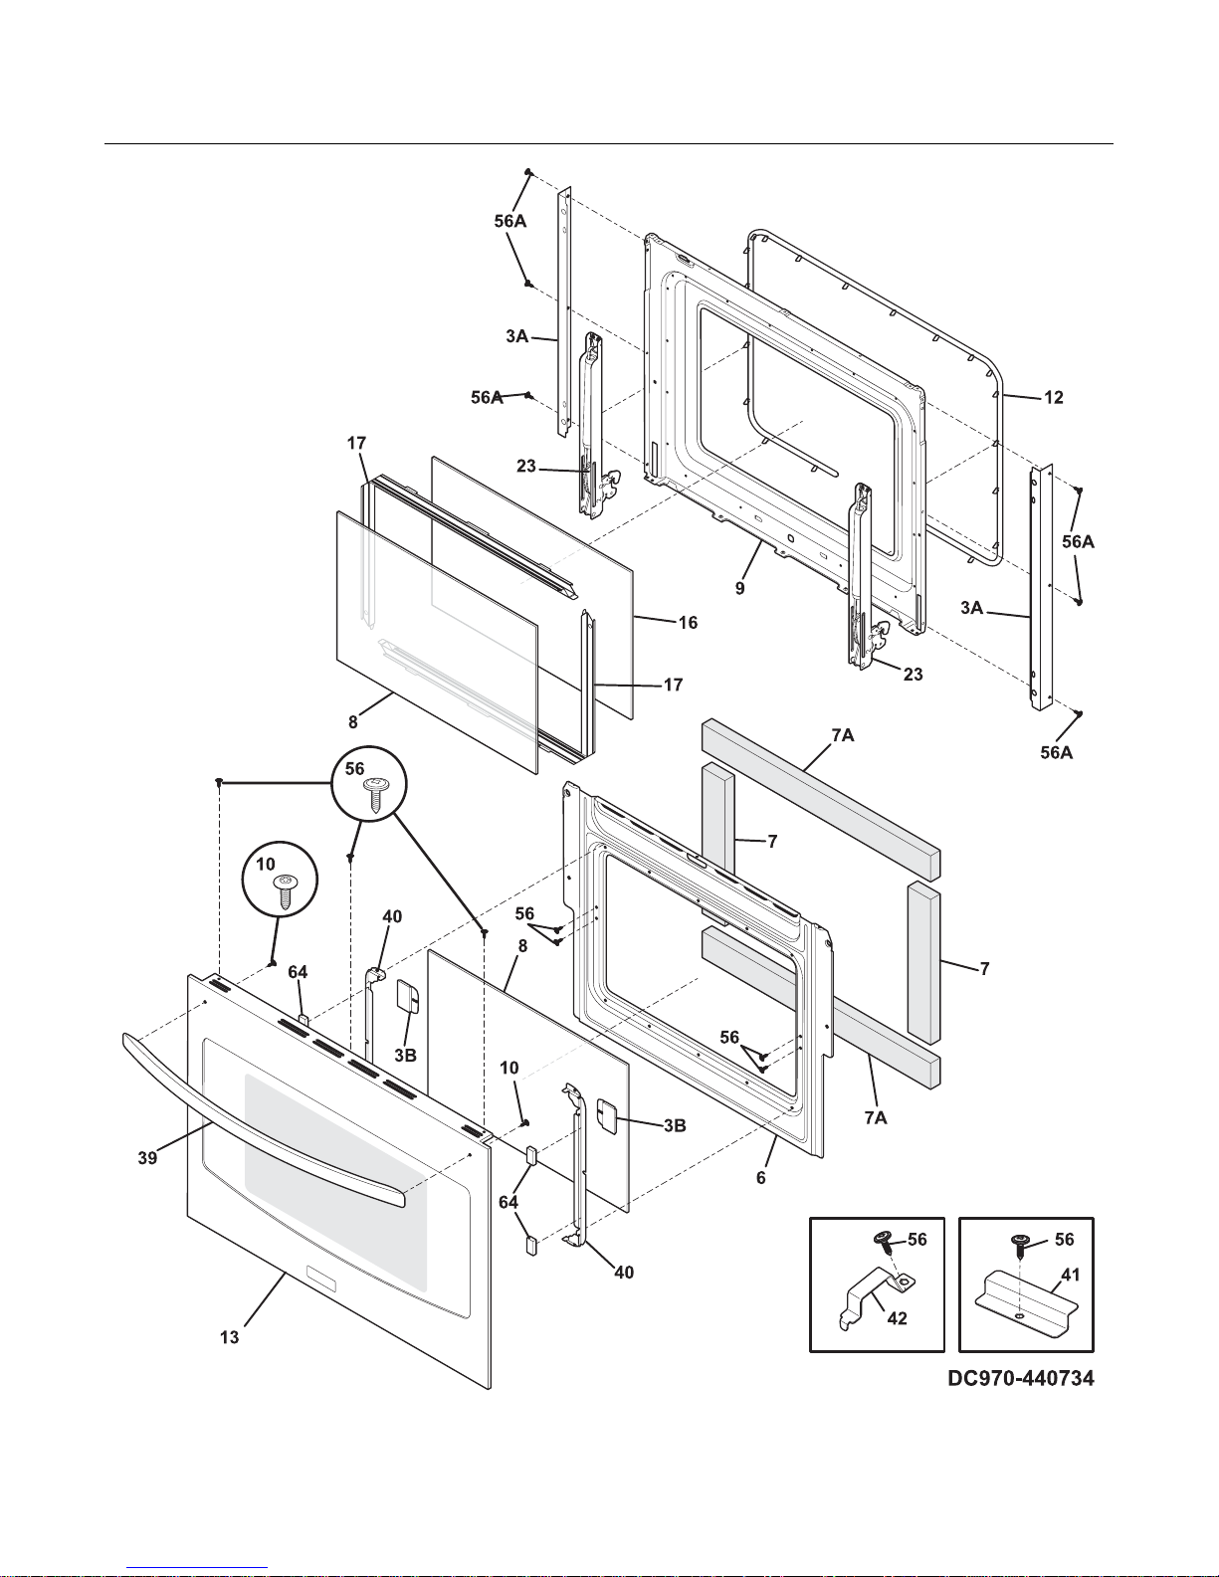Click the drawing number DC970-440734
coord(1020,1380)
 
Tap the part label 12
coord(1053,398)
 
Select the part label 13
coord(230,1337)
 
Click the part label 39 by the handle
coord(147,1158)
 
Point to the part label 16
coord(687,623)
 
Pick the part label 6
coord(761,1177)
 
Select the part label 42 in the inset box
coord(897,1318)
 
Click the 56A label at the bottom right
coord(1057,753)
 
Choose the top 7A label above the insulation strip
coord(842,735)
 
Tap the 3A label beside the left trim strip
coord(516,336)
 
